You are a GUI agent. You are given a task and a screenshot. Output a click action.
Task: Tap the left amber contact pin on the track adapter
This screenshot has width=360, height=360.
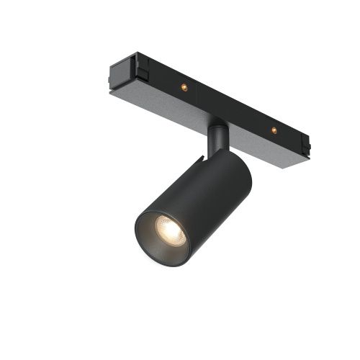tap(184, 86)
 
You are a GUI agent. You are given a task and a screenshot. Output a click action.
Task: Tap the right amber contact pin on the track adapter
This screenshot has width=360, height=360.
tap(273, 130)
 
